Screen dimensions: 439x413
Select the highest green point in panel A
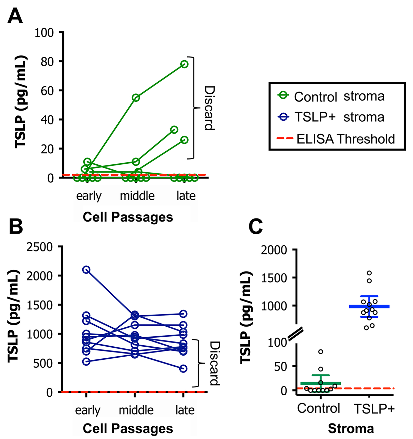tap(184, 64)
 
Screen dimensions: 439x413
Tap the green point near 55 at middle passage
tap(136, 98)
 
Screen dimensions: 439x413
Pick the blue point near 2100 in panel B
tap(86, 269)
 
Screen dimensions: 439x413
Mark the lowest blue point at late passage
tap(183, 368)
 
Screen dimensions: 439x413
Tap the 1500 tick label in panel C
tap(274, 278)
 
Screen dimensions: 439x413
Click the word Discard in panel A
tap(209, 108)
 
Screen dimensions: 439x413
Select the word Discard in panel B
tap(214, 363)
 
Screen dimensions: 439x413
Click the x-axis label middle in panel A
tap(137, 196)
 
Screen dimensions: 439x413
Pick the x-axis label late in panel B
tap(185, 410)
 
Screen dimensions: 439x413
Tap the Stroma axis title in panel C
tap(351, 429)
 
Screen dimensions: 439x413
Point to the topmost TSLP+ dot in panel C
tap(369, 273)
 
